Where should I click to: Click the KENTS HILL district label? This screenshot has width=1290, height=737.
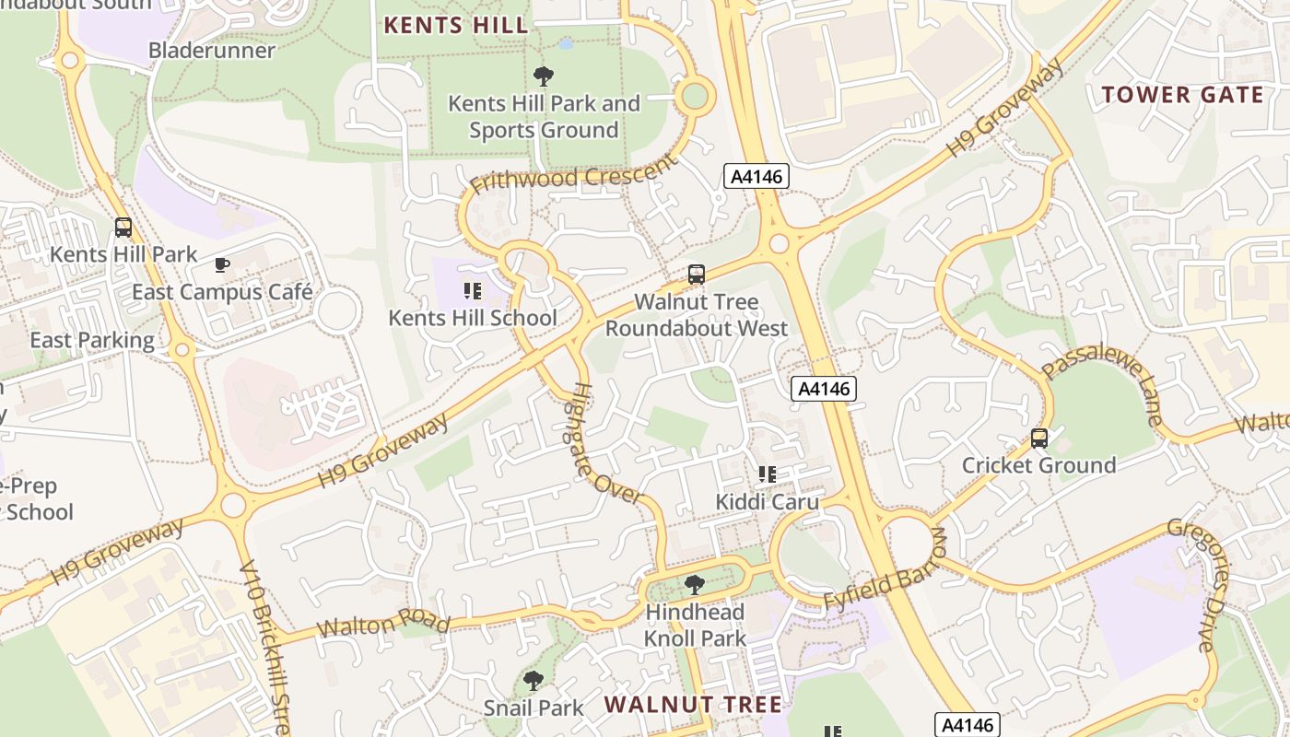(456, 25)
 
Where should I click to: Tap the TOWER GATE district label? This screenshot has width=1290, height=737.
(1183, 94)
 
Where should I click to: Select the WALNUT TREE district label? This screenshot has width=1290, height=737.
(693, 705)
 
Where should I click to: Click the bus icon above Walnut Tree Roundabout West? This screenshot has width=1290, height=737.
(697, 275)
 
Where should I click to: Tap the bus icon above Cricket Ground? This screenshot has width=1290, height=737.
(1039, 439)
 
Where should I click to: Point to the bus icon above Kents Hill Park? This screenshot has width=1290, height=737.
(123, 227)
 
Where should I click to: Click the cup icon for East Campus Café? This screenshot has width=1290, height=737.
(222, 265)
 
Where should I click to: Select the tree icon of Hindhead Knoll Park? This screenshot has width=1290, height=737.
(695, 585)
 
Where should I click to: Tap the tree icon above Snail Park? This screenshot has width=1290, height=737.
(533, 681)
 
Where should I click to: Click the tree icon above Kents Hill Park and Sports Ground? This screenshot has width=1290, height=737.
(544, 76)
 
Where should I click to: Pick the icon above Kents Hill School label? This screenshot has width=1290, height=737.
(473, 292)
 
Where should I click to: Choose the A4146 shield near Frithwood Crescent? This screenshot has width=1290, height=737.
(756, 176)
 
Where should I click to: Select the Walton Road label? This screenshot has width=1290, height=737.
(383, 625)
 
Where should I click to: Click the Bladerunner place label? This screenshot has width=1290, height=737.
(212, 51)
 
